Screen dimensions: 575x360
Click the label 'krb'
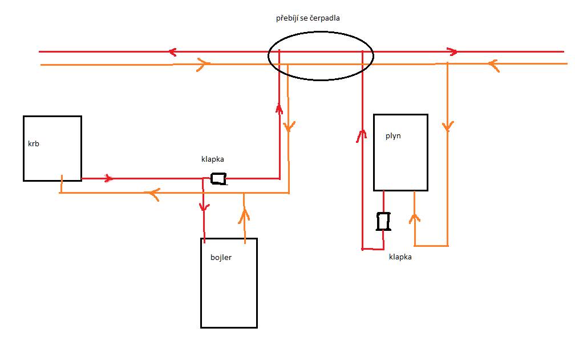point(33,143)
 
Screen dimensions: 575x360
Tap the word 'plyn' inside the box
point(393,136)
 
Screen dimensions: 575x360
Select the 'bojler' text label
point(221,257)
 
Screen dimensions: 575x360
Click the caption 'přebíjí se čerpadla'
point(307,18)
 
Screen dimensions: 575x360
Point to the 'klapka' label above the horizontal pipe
point(212,159)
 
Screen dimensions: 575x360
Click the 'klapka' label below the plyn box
point(400,257)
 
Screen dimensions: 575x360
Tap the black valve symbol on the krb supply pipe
point(218,178)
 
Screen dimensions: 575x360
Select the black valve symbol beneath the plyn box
point(383,221)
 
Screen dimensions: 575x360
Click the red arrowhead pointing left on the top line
point(172,52)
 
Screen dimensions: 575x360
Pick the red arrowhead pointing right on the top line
point(452,52)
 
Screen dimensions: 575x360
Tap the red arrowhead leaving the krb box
point(109,178)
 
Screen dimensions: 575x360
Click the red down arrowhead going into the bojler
point(204,207)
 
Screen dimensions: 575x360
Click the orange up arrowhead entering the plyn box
point(414,218)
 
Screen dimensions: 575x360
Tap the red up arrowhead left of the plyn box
point(362,136)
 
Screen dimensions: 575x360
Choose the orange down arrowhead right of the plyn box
point(447,126)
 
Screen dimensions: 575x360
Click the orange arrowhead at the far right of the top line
point(493,65)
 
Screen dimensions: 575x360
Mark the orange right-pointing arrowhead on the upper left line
point(204,64)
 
